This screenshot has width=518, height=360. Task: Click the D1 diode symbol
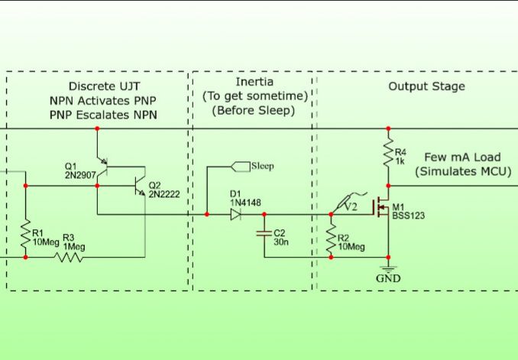point(236,215)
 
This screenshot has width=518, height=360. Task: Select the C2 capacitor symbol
point(264,232)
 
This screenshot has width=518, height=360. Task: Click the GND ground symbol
point(388,270)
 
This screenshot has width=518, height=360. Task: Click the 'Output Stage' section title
point(426,86)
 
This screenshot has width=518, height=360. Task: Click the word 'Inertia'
point(254,82)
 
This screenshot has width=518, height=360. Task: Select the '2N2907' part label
point(79,175)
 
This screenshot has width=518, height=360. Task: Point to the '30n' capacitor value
point(280,242)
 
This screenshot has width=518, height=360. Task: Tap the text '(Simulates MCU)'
point(463,171)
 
